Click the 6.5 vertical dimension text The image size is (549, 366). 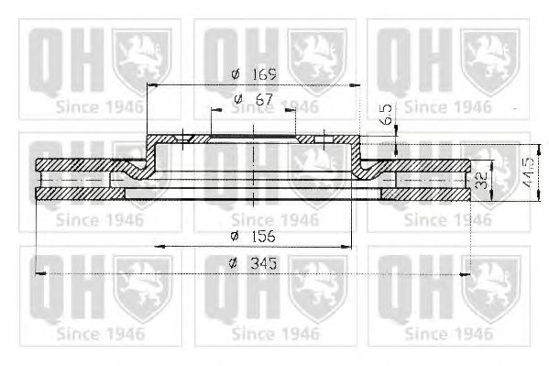pyautogui.click(x=387, y=114)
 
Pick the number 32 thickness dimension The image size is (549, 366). pyautogui.click(x=482, y=180)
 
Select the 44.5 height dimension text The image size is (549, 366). pyautogui.click(x=528, y=172)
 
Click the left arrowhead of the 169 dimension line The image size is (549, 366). pyautogui.click(x=151, y=84)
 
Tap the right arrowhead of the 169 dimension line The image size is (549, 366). pyautogui.click(x=356, y=84)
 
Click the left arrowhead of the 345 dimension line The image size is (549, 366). pyautogui.click(x=41, y=273)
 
